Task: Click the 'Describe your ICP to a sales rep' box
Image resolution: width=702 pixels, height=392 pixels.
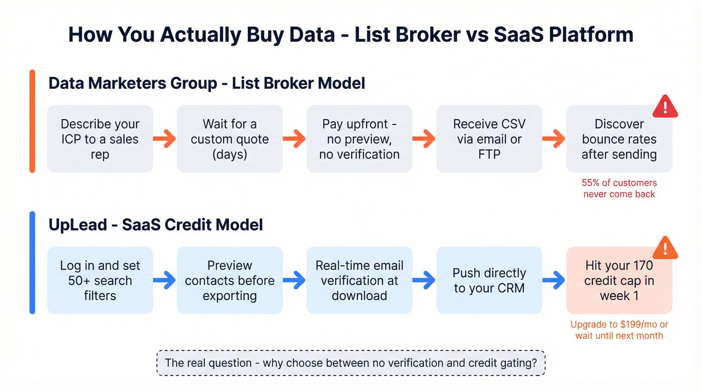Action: point(100,139)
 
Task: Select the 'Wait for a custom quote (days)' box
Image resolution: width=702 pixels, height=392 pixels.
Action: point(230,139)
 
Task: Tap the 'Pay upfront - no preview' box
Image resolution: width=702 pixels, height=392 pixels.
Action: point(359,139)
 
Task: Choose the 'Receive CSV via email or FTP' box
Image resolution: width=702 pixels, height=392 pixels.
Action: point(489,139)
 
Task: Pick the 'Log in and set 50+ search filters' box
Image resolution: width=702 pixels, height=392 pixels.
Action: point(100,280)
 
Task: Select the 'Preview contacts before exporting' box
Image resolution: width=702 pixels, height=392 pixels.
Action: point(230,280)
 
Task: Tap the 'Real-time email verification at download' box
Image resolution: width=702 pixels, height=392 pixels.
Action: point(359,280)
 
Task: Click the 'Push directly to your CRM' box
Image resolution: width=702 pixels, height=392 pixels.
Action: point(489,280)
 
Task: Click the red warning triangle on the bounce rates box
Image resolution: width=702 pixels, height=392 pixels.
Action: point(665,107)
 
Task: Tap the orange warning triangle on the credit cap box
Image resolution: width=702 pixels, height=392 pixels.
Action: point(665,248)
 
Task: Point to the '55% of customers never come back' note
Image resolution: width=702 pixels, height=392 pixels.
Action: point(619,188)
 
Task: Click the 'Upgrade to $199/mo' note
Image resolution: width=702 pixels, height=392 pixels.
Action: point(619,330)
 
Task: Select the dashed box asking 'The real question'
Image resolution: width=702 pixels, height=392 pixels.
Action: point(350,362)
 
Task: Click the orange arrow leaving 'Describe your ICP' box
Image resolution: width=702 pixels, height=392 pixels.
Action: point(164,139)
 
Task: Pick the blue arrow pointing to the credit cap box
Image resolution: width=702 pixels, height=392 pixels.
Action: point(554,280)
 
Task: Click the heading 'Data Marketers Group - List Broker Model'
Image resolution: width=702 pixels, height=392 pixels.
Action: point(207,83)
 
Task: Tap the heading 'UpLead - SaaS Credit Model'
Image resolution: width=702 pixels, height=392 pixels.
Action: point(155,224)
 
